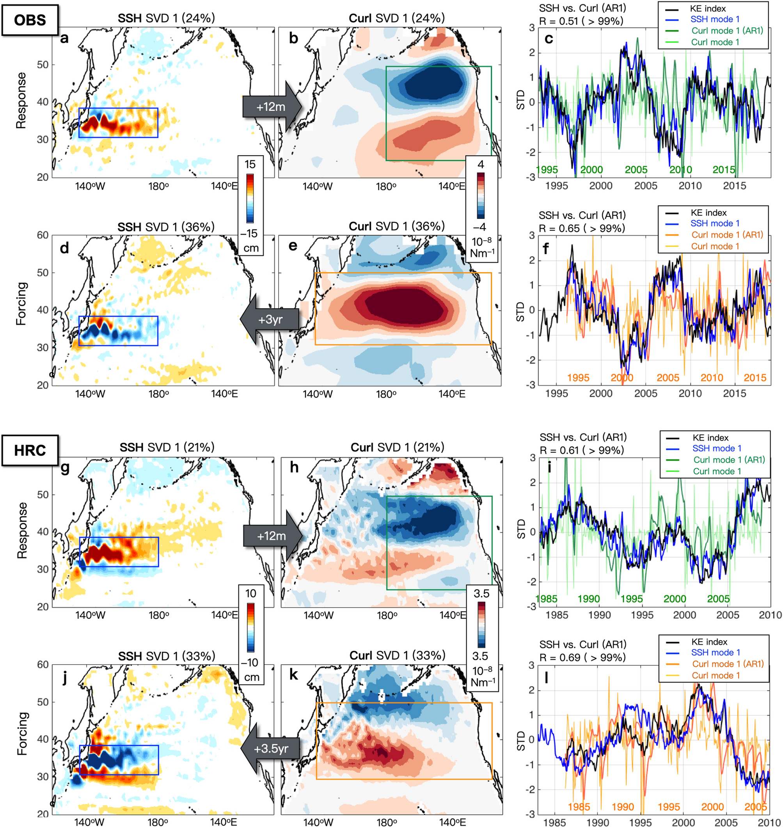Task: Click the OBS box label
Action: point(30,20)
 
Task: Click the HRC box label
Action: point(30,451)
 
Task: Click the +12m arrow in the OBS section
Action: point(271,107)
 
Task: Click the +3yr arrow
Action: point(270,320)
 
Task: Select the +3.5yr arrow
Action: point(270,748)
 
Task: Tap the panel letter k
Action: point(293,675)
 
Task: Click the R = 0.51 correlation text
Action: point(581,21)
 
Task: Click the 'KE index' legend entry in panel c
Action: point(708,8)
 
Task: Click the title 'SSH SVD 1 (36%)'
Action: point(166,227)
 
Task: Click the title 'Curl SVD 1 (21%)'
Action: point(397,447)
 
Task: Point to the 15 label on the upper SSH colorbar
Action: point(250,165)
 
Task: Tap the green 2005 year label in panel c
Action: point(636,170)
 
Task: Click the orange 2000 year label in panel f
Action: point(622,378)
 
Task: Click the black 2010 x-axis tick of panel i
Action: point(770,615)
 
